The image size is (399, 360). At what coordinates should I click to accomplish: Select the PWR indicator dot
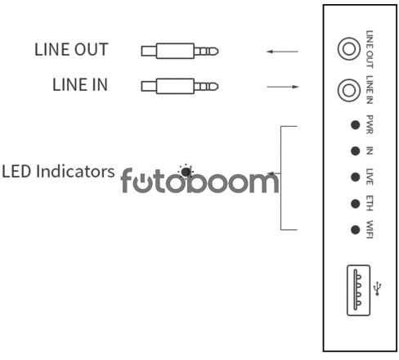click(x=355, y=125)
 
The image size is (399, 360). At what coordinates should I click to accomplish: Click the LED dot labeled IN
click(x=355, y=151)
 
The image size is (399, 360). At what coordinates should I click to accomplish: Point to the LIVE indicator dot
click(x=355, y=177)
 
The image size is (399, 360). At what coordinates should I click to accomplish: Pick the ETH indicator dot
click(x=355, y=204)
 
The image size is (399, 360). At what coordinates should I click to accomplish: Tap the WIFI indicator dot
click(x=355, y=230)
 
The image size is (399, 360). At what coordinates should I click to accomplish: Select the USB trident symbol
click(x=378, y=289)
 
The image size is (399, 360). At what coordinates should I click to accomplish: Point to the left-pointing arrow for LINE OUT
click(x=282, y=52)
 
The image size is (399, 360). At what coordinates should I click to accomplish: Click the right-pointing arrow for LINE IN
click(x=283, y=87)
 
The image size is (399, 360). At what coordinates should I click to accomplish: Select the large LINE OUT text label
click(x=71, y=50)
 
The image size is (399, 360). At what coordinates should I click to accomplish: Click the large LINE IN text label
click(x=80, y=84)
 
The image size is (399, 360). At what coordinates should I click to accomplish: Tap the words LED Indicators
click(x=58, y=172)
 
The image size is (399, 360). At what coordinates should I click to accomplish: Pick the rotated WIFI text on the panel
click(x=370, y=229)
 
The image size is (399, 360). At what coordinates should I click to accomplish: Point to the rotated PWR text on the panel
click(x=370, y=124)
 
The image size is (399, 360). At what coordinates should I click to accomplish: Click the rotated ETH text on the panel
click(x=370, y=203)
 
